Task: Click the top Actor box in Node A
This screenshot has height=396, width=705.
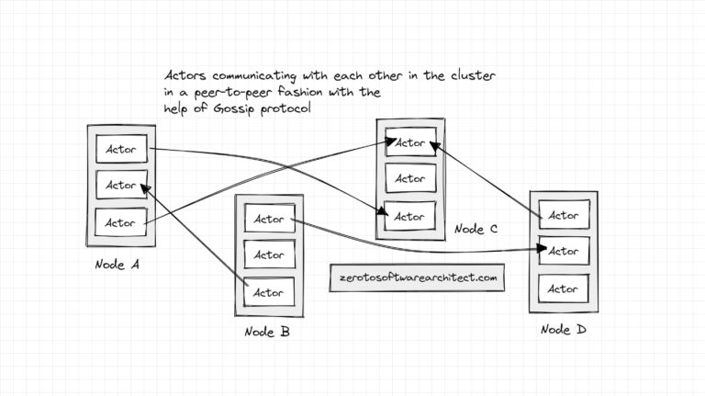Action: tap(120, 149)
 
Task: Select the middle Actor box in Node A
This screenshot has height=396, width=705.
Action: tap(120, 185)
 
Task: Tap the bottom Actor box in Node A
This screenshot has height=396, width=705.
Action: tap(120, 222)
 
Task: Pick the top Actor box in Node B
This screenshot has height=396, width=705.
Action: tap(269, 219)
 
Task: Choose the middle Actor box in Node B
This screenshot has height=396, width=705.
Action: tap(269, 255)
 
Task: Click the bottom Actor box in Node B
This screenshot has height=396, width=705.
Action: tap(269, 292)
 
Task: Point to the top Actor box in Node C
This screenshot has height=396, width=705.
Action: tap(409, 142)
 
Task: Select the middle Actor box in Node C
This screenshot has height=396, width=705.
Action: tap(409, 179)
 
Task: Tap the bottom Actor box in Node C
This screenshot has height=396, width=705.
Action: tap(409, 217)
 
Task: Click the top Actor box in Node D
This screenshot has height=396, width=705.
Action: tap(563, 216)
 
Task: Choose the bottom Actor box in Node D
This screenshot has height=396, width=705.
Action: tap(563, 289)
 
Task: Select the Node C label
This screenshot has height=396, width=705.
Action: tap(475, 229)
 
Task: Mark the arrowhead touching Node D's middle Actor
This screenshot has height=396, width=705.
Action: tap(542, 249)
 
